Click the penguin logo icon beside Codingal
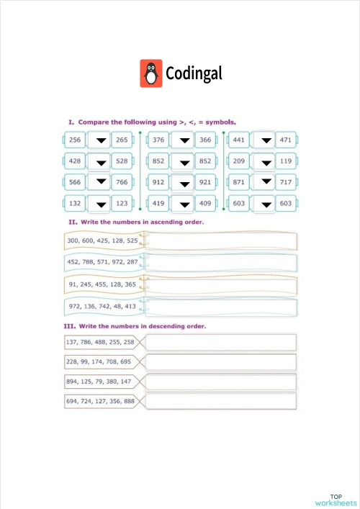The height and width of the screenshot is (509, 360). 150,73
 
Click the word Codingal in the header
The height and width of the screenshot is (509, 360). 194,73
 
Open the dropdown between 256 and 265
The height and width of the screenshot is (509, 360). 101,140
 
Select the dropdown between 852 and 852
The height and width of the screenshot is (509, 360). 184,162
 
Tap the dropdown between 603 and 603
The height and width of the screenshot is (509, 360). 266,204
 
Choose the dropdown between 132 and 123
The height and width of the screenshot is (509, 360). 101,204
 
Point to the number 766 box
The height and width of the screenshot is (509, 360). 122,183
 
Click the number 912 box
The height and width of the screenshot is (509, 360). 158,183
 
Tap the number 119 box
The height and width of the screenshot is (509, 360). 286,162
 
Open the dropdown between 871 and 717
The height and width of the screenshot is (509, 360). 266,183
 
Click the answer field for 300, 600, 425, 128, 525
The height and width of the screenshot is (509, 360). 220,240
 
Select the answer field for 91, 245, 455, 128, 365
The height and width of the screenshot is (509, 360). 220,285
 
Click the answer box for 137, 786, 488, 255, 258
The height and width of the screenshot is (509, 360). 220,342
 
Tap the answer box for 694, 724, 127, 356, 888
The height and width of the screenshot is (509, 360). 220,401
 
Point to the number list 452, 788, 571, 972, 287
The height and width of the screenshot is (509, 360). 102,263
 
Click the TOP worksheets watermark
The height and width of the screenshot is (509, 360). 336,500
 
